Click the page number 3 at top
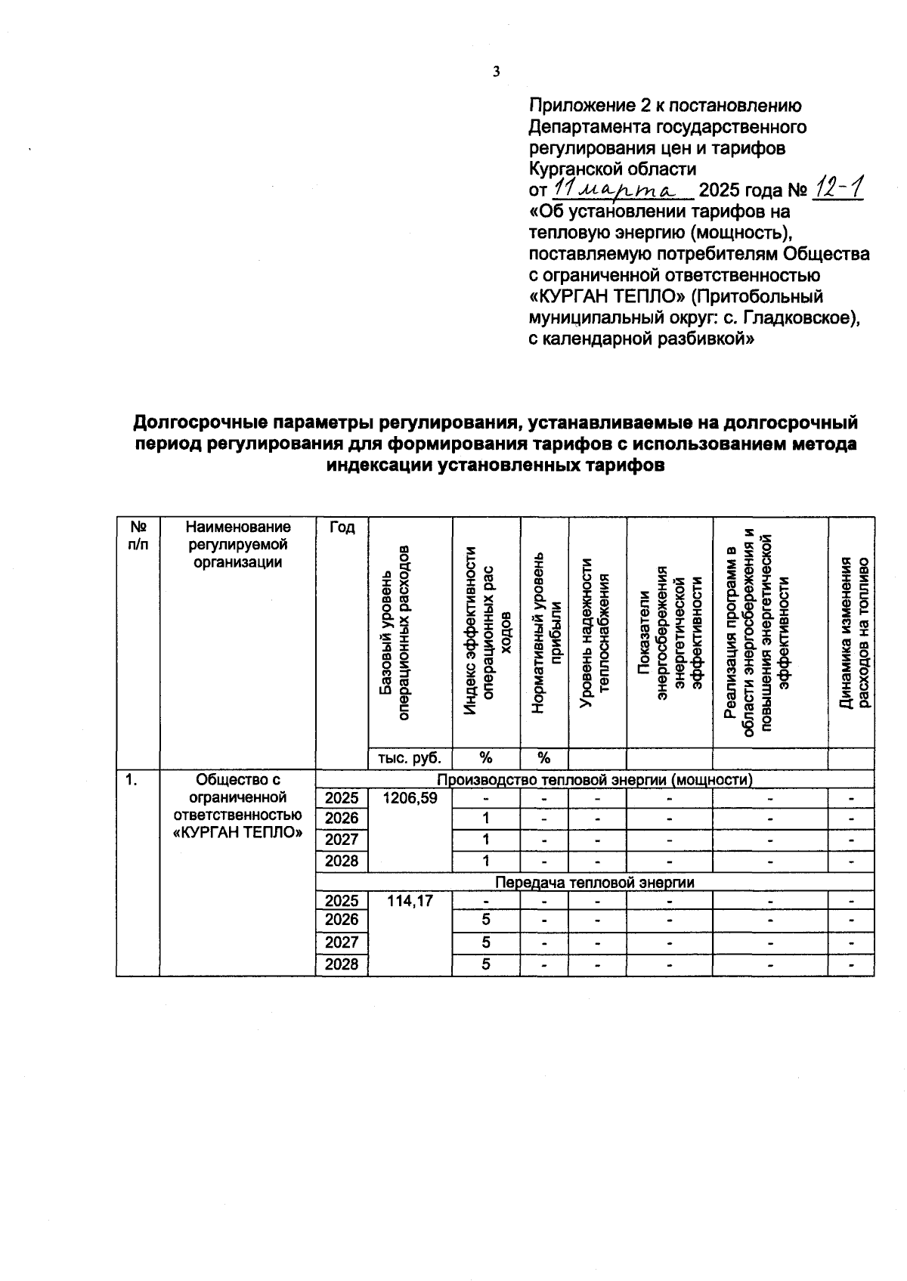tap(496, 73)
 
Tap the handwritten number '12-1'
tap(837, 187)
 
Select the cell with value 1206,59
tap(410, 798)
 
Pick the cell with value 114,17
tap(410, 901)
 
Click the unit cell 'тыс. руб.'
tap(410, 758)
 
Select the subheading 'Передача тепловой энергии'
tap(594, 882)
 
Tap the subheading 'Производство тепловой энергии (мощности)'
tap(595, 779)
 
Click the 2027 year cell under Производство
tap(342, 840)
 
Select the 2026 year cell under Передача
tap(342, 920)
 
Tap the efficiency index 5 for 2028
tap(486, 964)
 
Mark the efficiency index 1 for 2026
tap(486, 818)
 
